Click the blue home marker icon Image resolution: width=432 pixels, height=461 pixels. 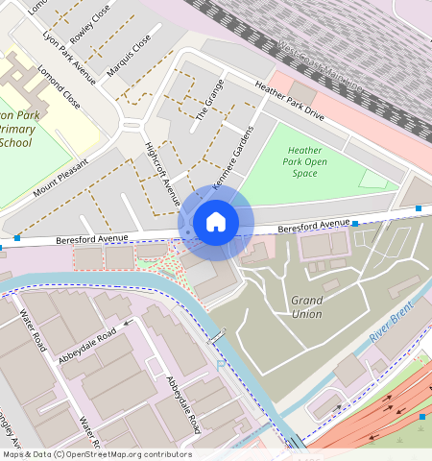216,223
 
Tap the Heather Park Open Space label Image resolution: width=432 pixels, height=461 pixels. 304,161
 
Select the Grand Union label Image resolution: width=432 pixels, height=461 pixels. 306,307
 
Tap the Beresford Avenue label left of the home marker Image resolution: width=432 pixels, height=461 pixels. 92,238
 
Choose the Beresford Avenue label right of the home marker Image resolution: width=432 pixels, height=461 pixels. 314,227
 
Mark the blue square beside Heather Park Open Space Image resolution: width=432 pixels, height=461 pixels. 419,208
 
